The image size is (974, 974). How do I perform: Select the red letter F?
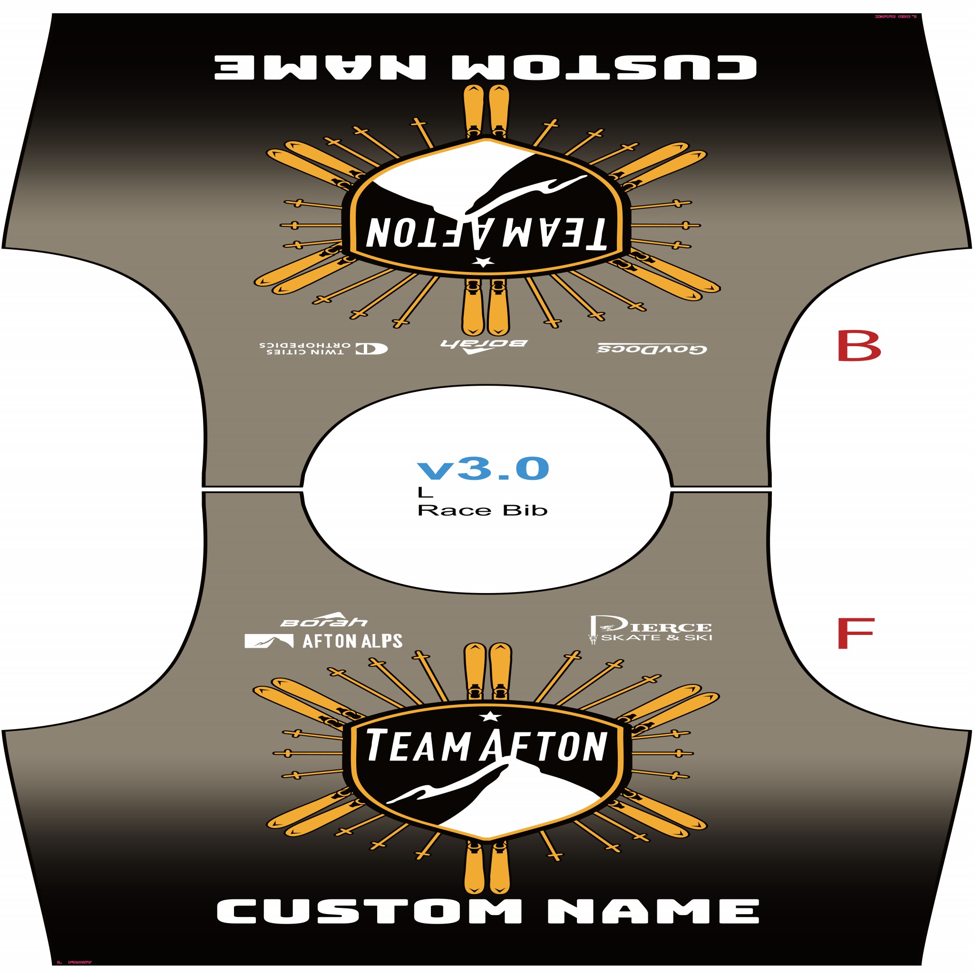[855, 633]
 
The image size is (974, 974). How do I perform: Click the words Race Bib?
[482, 510]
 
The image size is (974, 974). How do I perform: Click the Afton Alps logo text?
[352, 641]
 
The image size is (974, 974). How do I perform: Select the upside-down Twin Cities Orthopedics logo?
[322, 348]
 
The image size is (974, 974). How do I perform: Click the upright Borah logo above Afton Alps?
[324, 620]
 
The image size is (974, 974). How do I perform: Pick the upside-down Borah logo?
[484, 345]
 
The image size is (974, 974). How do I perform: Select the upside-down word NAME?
[320, 67]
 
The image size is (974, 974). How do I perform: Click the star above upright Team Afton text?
[488, 716]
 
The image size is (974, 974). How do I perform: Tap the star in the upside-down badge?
[484, 262]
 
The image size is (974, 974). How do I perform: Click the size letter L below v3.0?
[425, 493]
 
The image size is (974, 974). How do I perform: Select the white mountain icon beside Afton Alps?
[269, 641]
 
